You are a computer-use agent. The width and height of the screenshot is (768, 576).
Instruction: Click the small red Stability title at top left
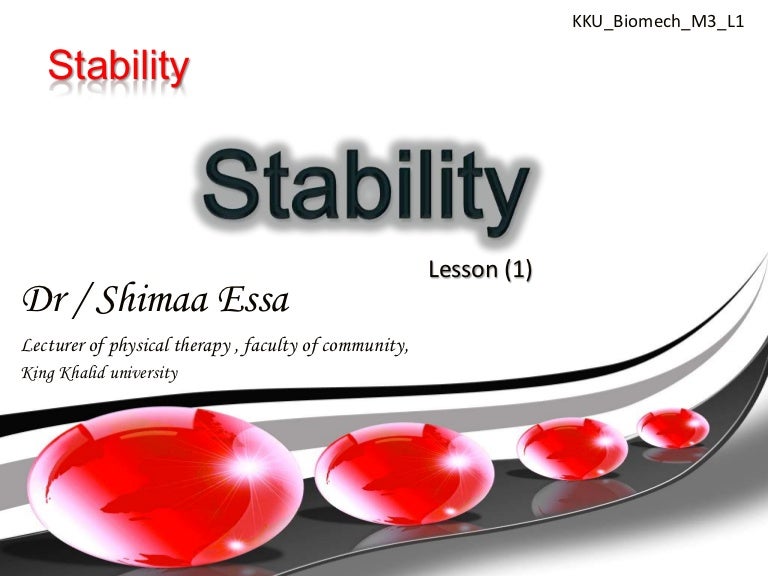[118, 67]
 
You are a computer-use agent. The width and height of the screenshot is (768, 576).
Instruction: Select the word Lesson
[459, 269]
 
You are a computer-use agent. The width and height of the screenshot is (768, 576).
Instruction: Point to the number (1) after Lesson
[513, 269]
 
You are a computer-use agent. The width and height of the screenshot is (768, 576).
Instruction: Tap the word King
[36, 374]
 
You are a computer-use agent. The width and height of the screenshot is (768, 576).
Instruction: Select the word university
[144, 373]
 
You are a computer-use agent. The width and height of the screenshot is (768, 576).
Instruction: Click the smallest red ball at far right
[673, 429]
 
